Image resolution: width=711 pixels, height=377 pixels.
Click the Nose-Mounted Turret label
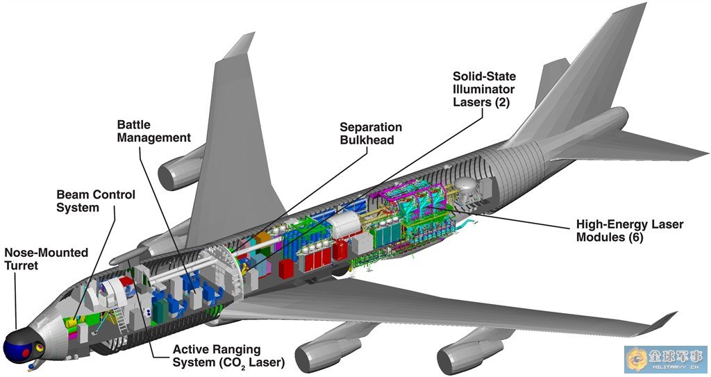47,259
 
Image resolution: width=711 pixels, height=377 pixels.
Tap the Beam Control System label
96,201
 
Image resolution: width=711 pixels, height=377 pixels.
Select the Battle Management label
153,131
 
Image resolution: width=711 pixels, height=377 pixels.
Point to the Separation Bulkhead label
371,133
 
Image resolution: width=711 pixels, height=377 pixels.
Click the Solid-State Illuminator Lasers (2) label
485,89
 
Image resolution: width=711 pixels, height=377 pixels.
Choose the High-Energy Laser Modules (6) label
630,231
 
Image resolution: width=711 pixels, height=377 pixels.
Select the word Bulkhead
367,140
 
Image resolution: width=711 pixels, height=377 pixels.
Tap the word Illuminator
485,90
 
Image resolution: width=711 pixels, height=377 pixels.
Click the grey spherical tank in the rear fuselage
467,187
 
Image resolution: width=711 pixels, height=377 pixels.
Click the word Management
153,137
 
